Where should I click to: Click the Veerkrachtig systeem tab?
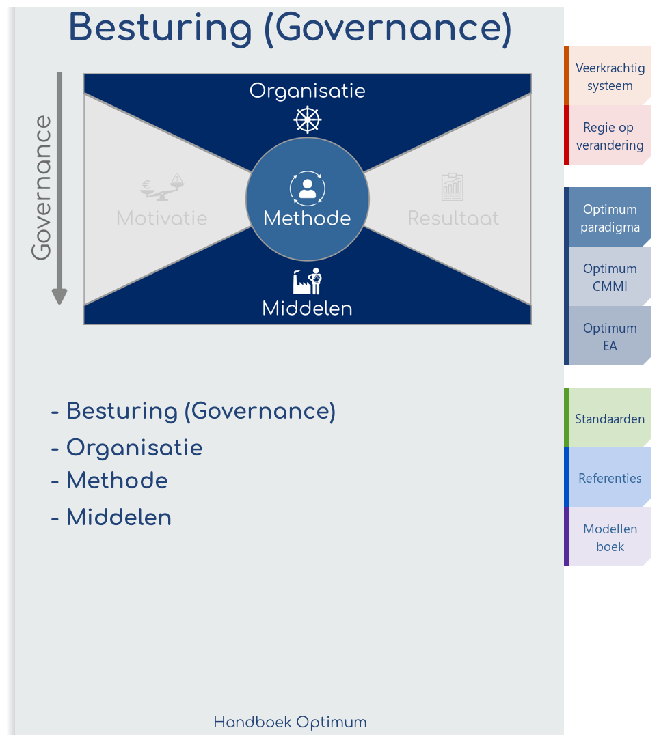pos(609,76)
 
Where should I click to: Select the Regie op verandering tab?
pos(609,136)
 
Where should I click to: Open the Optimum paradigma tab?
pos(609,218)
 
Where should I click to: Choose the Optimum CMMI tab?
pos(609,277)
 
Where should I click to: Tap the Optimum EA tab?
pos(609,337)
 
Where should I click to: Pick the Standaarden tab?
pos(609,419)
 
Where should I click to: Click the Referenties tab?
pos(609,478)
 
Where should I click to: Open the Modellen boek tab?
pos(609,537)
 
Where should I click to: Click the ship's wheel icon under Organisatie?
pos(308,120)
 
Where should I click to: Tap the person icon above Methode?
pos(308,188)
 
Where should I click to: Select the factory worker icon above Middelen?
pos(308,281)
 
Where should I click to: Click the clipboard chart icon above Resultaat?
pos(453,187)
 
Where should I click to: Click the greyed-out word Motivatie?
pos(162,219)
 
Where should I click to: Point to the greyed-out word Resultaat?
pos(453,219)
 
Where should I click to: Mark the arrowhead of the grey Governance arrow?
pos(60,296)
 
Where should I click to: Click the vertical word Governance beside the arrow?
pos(42,188)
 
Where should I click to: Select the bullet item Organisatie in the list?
pos(134,448)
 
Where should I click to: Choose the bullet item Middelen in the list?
pos(118,518)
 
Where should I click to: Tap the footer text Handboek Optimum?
pos(290,722)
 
